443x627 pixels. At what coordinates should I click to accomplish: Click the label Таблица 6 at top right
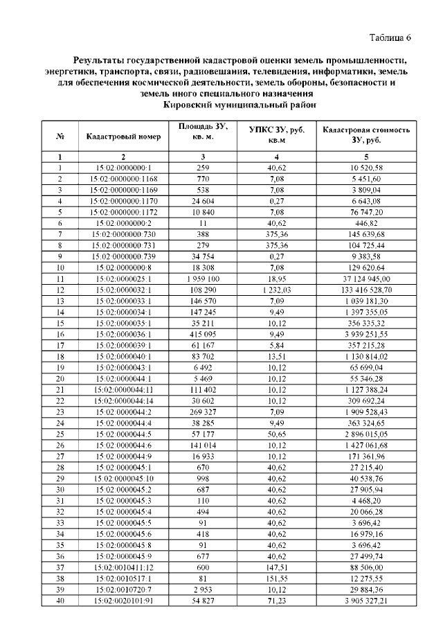390,37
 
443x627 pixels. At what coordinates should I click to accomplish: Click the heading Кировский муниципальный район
239,105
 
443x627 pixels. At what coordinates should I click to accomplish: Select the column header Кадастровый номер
124,136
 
